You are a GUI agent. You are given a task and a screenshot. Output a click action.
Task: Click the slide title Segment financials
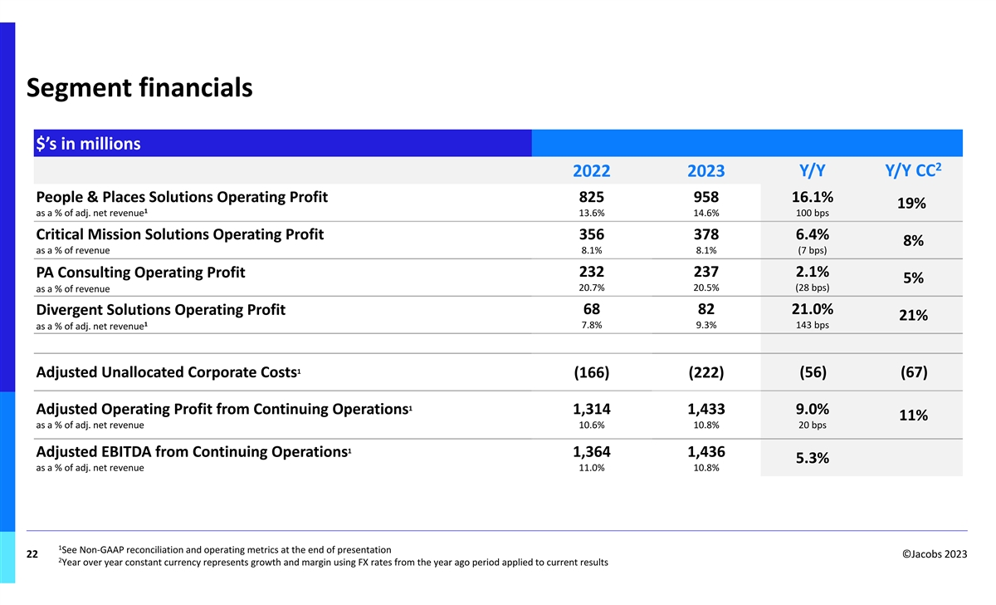point(139,87)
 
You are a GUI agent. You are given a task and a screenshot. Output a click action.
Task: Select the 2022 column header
point(592,171)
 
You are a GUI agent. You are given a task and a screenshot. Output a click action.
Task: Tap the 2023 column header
point(705,171)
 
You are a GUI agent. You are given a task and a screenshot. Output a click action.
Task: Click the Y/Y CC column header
point(914,170)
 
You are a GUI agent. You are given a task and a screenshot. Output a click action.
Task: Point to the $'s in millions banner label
point(88,144)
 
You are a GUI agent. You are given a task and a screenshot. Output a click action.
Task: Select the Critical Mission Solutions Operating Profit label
point(180,234)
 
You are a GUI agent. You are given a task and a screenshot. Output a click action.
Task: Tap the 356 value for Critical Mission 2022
point(592,234)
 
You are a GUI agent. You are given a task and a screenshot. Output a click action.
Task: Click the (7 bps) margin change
point(811,250)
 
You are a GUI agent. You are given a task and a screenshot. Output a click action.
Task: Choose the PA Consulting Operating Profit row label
point(140,273)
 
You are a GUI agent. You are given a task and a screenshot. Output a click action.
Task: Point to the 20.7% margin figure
point(592,288)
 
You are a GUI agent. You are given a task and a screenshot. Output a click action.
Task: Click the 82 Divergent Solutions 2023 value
point(705,309)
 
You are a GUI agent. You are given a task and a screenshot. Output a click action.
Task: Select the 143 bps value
point(811,325)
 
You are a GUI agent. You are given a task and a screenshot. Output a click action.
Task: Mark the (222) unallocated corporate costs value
point(705,372)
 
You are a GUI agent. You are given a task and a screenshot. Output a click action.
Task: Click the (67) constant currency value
point(914,372)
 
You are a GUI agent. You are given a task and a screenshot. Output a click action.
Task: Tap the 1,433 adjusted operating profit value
point(705,409)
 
